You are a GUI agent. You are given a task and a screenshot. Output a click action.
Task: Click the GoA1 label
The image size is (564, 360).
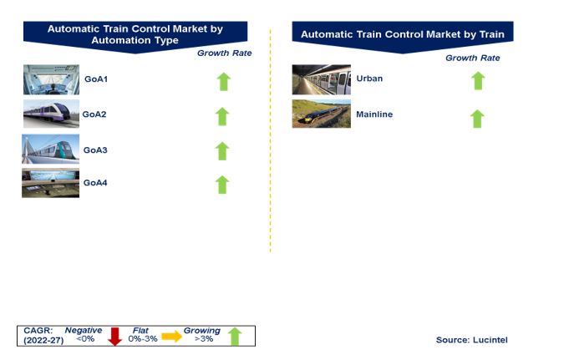click(x=96, y=79)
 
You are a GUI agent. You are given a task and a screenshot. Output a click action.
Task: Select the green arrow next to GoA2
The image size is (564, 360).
click(x=222, y=117)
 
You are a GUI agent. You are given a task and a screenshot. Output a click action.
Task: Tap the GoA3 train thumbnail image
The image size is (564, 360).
click(x=50, y=149)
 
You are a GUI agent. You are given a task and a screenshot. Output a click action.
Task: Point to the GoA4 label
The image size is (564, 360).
click(x=95, y=183)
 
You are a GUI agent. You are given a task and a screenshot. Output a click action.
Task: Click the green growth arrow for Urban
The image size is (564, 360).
click(x=478, y=81)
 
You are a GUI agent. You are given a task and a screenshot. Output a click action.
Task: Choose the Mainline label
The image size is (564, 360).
click(x=374, y=114)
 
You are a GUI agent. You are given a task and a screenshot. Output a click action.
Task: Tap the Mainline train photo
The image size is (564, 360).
click(x=321, y=114)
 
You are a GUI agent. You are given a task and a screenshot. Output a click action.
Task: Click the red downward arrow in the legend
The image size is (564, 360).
click(x=115, y=337)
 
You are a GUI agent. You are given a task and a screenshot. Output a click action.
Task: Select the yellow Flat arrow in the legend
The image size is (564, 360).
click(x=172, y=337)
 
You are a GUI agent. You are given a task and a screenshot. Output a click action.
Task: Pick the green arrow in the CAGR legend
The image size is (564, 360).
click(x=235, y=337)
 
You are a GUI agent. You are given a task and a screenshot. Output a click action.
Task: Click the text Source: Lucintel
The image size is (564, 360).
click(x=471, y=340)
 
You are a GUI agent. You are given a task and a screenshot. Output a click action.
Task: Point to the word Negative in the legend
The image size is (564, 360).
click(x=84, y=330)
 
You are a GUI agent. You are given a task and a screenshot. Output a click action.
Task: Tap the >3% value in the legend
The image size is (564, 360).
click(x=204, y=339)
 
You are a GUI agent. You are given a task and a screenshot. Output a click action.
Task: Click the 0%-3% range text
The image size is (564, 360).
click(x=143, y=339)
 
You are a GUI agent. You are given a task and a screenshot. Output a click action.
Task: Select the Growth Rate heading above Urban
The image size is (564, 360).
click(x=473, y=58)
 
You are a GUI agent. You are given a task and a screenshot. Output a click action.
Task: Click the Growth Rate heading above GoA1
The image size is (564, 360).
click(x=225, y=53)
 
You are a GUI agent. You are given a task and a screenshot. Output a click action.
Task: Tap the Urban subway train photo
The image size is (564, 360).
click(x=321, y=79)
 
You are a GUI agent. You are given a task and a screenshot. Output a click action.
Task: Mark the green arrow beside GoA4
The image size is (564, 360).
click(x=222, y=185)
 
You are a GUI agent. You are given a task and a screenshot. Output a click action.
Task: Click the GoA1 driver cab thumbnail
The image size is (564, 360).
click(x=51, y=79)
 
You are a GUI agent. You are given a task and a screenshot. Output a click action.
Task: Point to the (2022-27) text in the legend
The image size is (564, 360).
click(x=43, y=340)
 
